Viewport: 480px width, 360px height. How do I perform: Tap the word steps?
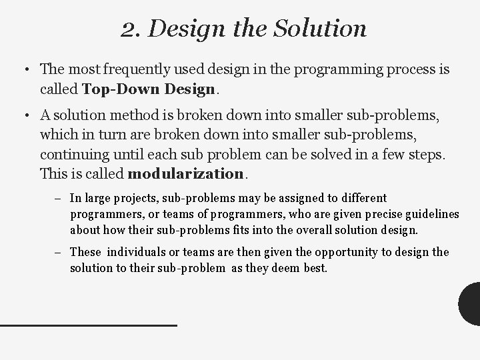tap(425, 155)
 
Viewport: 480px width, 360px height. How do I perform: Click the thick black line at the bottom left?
tap(89, 325)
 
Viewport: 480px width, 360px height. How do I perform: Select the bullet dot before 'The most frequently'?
tap(23, 69)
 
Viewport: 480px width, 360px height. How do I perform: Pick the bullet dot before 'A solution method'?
tap(23, 117)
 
